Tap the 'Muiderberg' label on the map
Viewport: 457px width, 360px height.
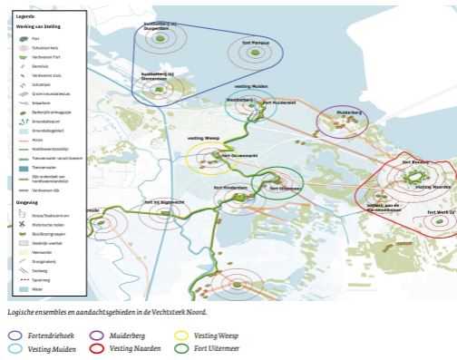tap(349, 112)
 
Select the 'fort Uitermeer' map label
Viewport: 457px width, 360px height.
tap(284, 188)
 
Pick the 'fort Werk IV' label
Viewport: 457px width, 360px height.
tap(442, 211)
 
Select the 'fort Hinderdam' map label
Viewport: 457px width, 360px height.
tap(230, 188)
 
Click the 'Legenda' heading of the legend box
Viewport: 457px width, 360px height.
tap(24, 16)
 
